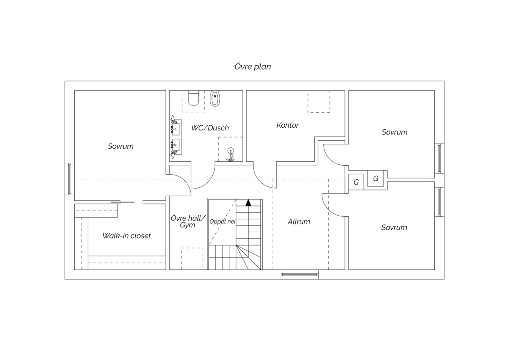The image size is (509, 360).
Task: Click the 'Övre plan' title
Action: tap(253, 67)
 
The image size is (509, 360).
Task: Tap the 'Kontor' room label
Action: tap(287, 125)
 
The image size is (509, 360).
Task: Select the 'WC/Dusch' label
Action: tap(210, 128)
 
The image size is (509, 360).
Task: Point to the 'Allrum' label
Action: tap(299, 221)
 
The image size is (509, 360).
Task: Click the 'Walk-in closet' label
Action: tap(127, 236)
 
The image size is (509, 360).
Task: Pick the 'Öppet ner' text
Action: tap(223, 221)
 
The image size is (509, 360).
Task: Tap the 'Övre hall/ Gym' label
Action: tap(188, 221)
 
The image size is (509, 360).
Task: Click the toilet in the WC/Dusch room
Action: tap(194, 98)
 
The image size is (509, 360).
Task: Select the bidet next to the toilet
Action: tap(215, 98)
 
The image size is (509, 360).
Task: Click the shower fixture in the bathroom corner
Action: tap(231, 155)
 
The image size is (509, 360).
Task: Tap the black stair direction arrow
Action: tap(248, 203)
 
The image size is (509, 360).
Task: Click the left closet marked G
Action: tap(356, 182)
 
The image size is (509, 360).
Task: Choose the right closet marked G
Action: tap(376, 178)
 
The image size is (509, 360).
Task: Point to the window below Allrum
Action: tap(300, 274)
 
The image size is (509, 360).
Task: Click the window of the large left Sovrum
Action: tap(70, 179)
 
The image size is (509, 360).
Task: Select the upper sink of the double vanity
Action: tap(175, 129)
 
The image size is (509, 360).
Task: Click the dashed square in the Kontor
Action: tap(319, 102)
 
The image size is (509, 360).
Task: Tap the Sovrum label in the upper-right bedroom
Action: tap(394, 132)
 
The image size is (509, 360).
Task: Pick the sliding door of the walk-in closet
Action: tap(122, 202)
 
